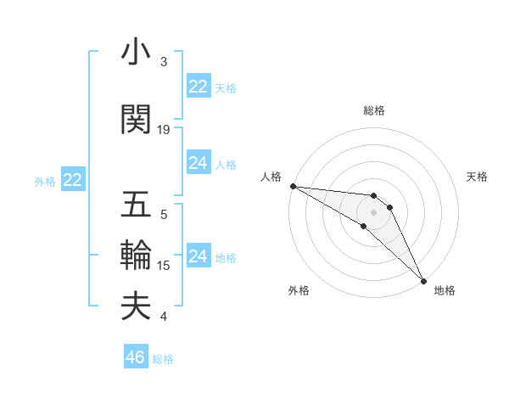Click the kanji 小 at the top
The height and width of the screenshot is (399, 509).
point(136,53)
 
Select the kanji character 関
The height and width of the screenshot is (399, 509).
point(136,120)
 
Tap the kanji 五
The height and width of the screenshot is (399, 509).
point(136,206)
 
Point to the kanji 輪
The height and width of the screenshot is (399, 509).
point(136,255)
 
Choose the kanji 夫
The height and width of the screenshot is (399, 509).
point(136,306)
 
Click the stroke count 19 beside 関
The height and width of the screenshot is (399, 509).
point(164,130)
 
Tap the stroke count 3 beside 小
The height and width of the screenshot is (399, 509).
point(164,62)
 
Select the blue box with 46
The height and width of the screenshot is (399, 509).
point(136,357)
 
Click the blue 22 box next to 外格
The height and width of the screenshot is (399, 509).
point(73,180)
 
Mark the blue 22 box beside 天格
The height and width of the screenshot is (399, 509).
point(199,87)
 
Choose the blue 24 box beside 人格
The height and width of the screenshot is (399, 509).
point(199,163)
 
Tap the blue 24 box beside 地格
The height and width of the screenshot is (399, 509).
point(199,256)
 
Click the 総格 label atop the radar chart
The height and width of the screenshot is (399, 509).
point(373,110)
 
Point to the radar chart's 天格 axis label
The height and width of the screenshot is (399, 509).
point(477,177)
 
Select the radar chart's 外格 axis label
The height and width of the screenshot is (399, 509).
point(299,290)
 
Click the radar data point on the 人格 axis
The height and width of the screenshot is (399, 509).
point(293,186)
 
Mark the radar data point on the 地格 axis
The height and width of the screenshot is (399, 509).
point(423,279)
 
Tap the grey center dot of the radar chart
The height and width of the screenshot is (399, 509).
point(373,211)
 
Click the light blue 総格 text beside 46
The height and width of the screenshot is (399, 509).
point(163,359)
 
